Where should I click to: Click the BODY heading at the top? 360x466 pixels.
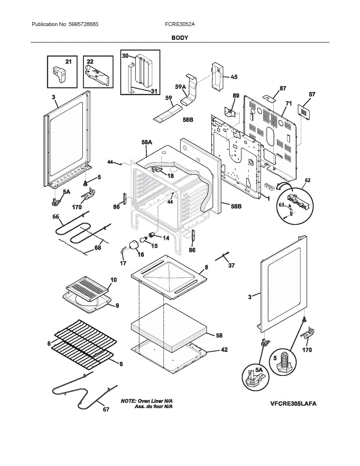point(180,38)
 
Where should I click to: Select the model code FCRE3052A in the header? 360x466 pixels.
point(180,24)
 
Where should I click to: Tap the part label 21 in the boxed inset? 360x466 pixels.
point(68,62)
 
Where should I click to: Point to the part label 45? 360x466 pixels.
point(234,77)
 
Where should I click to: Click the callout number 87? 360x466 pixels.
point(283,89)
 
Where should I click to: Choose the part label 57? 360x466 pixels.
point(312,94)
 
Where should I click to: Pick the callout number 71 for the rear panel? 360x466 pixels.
point(288,103)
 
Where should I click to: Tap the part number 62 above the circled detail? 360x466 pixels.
point(308,180)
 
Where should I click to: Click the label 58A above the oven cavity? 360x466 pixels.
point(147,143)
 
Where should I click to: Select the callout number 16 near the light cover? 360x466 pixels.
point(140,254)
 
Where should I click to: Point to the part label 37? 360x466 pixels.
point(231,266)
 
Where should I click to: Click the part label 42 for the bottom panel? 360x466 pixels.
point(224,349)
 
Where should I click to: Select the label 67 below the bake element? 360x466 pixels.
point(106,410)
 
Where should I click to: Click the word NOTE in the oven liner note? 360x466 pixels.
point(129,400)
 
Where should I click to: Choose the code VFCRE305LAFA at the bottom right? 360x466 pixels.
point(293,403)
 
